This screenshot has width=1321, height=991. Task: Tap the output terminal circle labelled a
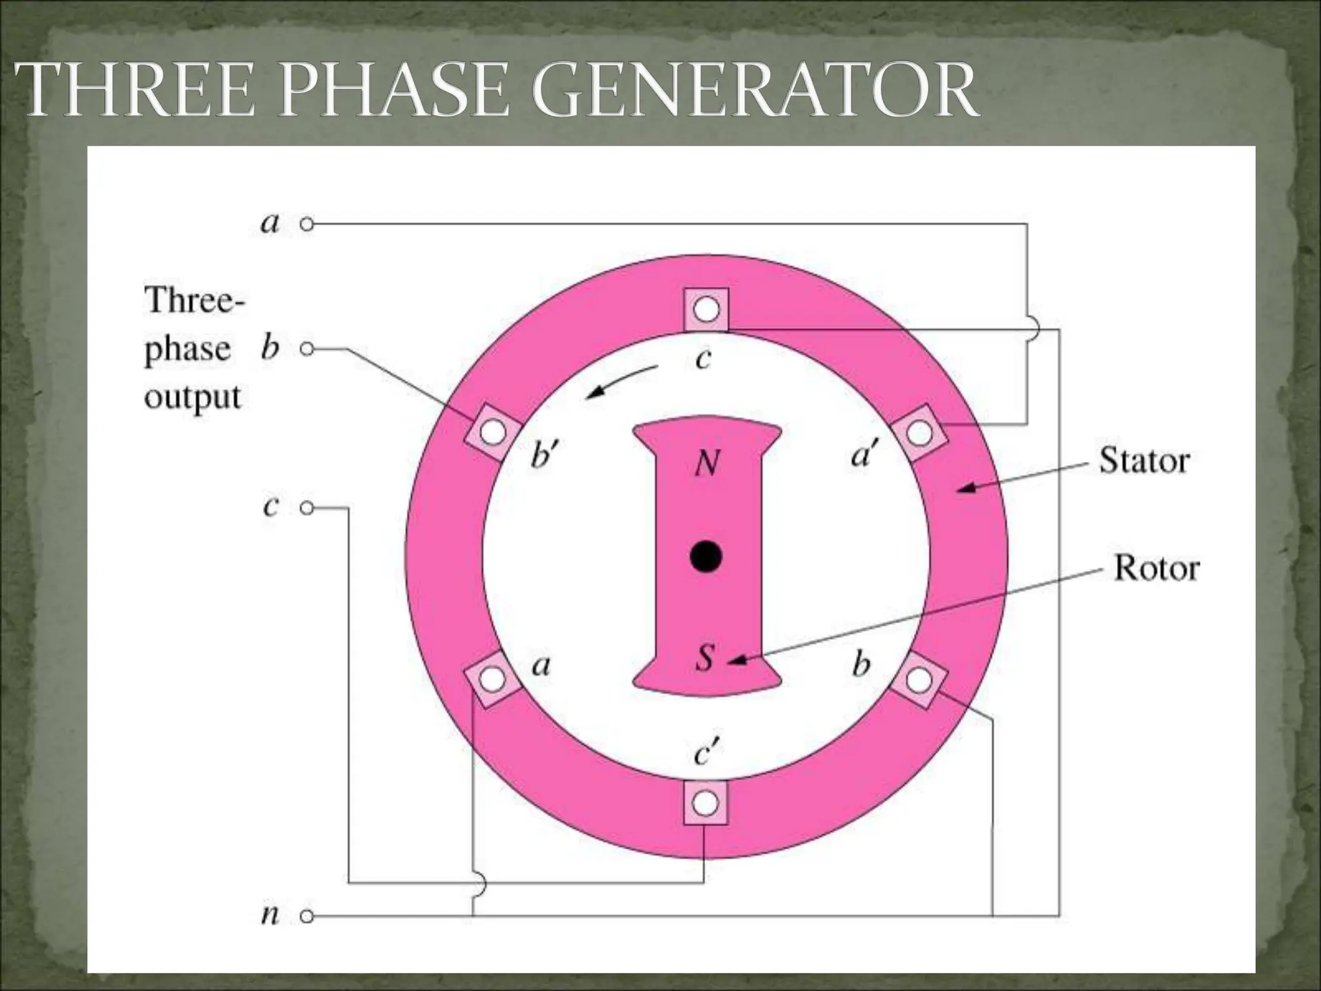tap(308, 225)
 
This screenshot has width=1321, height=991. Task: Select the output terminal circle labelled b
tap(308, 349)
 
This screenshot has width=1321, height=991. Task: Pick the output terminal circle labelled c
tap(308, 508)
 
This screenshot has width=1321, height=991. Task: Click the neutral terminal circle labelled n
tap(308, 916)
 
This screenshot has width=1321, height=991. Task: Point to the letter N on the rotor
tap(707, 463)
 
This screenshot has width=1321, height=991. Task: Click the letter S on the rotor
tap(706, 658)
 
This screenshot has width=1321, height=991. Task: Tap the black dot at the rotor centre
tap(706, 556)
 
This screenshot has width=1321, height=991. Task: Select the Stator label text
tap(1144, 461)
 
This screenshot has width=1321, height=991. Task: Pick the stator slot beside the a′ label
tap(919, 432)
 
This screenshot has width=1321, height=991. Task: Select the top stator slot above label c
tap(706, 310)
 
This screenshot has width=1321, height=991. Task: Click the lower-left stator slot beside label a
tap(493, 679)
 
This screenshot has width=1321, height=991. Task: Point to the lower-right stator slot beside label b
tap(919, 679)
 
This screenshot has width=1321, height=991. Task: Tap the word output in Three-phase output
tap(192, 397)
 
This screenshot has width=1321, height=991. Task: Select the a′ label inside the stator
tap(864, 456)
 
